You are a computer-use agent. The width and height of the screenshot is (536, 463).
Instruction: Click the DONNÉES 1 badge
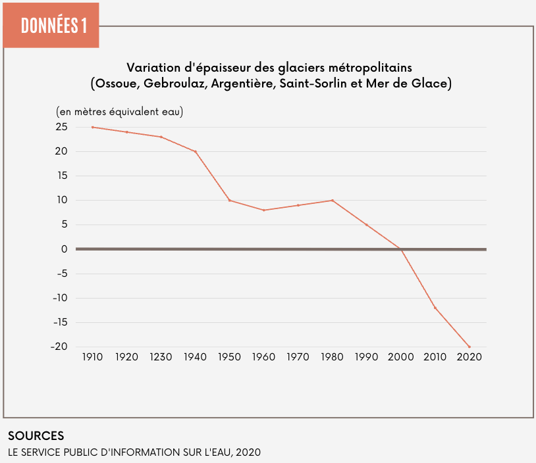click(x=51, y=26)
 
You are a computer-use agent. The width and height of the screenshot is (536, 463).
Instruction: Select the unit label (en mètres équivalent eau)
click(x=120, y=112)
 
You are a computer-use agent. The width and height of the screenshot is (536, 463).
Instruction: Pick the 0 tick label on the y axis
click(x=65, y=249)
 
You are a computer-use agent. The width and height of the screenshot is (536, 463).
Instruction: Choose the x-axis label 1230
click(x=161, y=357)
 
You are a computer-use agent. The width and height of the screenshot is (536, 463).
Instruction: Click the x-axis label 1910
click(x=93, y=357)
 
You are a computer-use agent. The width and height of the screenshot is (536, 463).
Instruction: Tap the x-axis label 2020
click(x=469, y=357)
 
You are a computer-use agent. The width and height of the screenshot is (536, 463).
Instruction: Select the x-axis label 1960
click(x=264, y=357)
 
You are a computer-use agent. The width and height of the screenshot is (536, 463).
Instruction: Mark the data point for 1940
click(x=196, y=151)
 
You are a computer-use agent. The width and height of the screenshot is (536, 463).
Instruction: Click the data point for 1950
click(x=230, y=200)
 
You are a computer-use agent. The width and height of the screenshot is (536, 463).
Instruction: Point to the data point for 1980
click(x=333, y=200)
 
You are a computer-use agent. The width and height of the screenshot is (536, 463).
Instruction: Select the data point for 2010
click(x=435, y=307)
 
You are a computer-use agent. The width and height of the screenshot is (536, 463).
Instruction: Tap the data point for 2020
click(x=469, y=347)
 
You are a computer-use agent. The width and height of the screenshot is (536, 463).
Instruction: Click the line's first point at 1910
click(x=93, y=127)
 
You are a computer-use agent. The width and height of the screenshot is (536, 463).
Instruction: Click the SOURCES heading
click(x=36, y=436)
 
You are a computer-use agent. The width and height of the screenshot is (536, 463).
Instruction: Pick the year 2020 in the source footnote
click(x=248, y=452)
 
